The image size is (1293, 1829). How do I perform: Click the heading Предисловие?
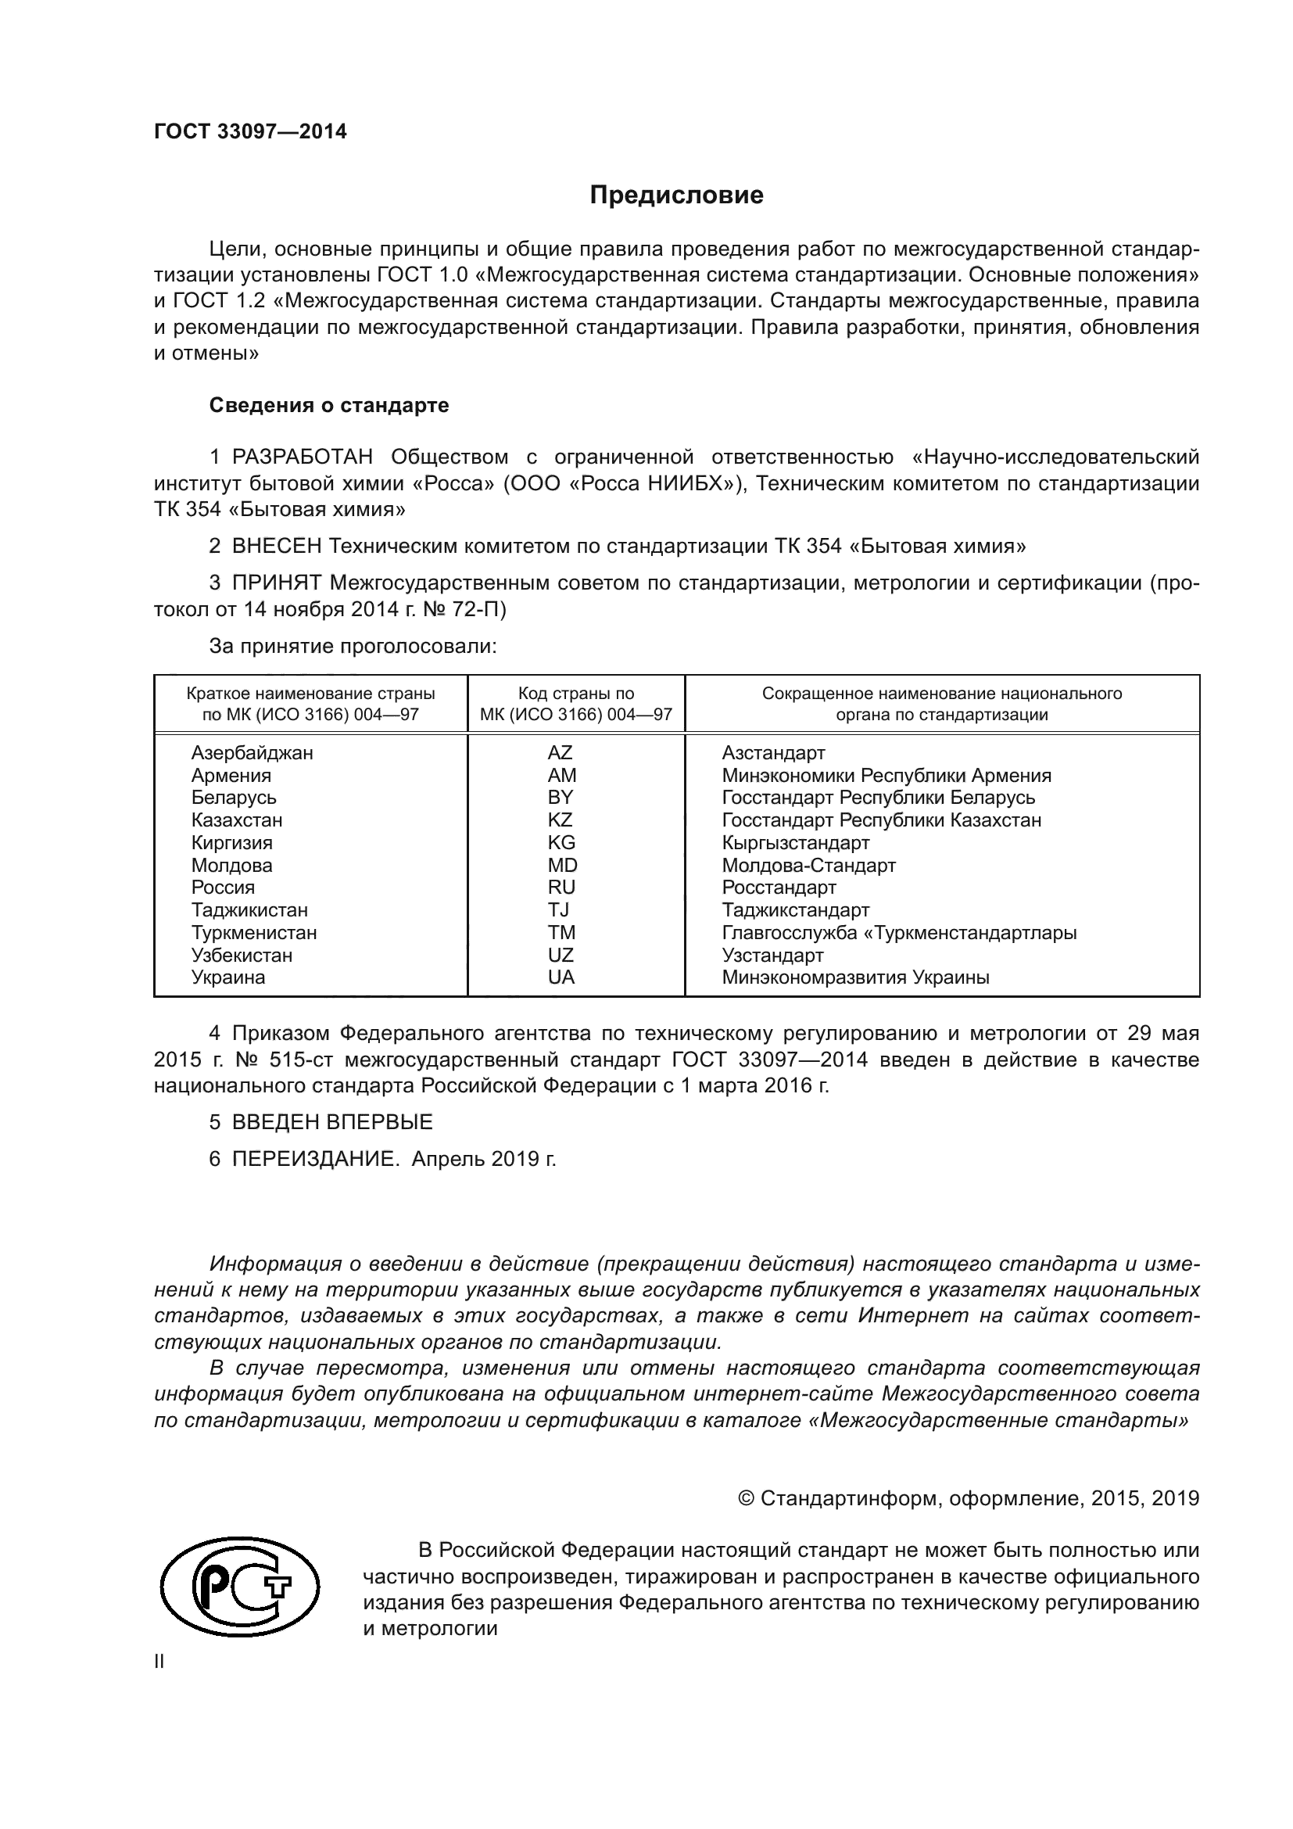click(676, 195)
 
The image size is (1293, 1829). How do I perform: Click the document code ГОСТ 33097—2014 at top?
click(250, 132)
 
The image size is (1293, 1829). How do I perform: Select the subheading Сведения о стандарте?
click(329, 406)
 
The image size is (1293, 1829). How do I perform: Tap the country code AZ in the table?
click(561, 753)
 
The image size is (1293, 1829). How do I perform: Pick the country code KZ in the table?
click(561, 819)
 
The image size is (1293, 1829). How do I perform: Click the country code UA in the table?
click(561, 977)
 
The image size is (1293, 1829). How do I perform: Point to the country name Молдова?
click(231, 865)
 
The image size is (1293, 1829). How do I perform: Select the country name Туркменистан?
click(254, 933)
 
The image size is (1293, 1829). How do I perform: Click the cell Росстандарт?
click(779, 888)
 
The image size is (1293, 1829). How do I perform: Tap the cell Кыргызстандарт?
click(795, 843)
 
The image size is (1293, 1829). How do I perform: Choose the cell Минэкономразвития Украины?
click(855, 977)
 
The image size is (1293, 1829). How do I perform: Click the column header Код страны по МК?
click(575, 705)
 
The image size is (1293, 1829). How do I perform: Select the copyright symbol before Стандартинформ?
click(746, 1499)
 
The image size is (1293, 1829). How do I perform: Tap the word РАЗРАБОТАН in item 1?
click(302, 457)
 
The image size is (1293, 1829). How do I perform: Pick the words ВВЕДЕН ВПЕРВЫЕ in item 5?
click(332, 1122)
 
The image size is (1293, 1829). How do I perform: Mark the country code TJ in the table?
click(559, 909)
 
